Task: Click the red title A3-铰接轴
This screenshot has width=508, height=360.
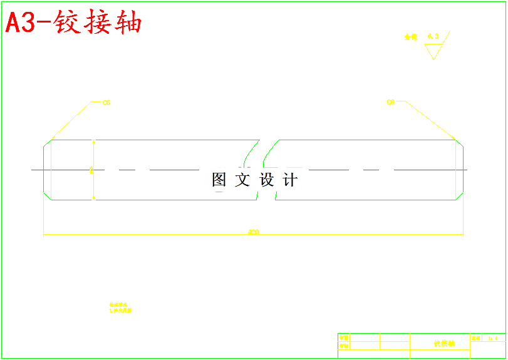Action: (x=74, y=23)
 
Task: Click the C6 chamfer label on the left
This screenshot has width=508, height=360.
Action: (x=106, y=103)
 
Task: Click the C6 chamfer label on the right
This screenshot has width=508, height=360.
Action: (x=391, y=102)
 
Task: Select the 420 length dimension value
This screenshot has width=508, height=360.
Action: (x=254, y=232)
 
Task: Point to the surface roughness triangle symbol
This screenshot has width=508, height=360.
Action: (x=433, y=51)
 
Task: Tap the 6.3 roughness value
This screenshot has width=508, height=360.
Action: (x=433, y=36)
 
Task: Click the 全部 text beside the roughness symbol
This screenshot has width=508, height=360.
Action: (x=410, y=38)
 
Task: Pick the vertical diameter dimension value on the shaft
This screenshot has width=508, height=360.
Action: (x=91, y=170)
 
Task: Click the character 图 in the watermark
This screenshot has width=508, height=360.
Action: (x=219, y=180)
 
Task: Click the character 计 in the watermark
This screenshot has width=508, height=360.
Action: (x=290, y=180)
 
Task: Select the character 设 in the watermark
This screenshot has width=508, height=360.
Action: (x=267, y=180)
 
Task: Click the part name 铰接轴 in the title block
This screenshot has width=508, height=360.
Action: (x=444, y=344)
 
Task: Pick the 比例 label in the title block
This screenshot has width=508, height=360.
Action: (x=476, y=338)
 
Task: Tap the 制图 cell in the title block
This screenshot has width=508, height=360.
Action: (x=344, y=338)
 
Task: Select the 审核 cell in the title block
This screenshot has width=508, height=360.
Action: (x=344, y=346)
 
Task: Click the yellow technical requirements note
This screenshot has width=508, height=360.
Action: (x=120, y=307)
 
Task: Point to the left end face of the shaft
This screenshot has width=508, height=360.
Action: (x=43, y=170)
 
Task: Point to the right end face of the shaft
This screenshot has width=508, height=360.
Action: (x=464, y=170)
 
